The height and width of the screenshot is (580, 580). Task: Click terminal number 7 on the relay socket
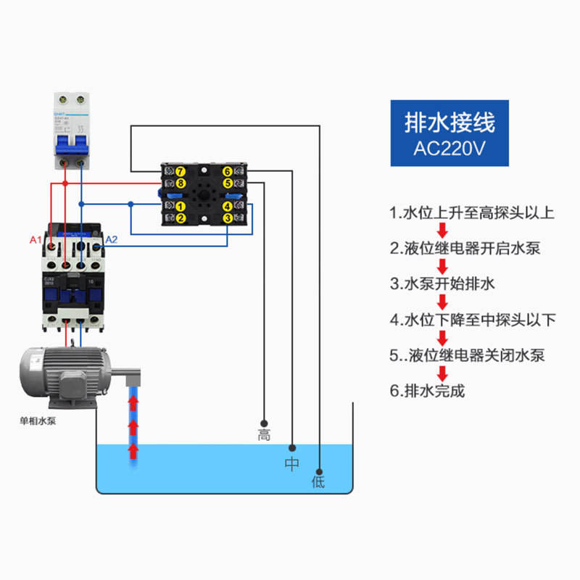tap(181, 172)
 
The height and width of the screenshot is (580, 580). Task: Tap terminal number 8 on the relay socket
tap(181, 183)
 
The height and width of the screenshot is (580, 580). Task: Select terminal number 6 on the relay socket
tap(228, 172)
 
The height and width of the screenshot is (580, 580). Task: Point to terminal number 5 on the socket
tap(228, 183)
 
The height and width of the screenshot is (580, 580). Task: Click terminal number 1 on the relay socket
tap(181, 207)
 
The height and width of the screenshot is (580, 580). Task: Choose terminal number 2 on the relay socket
tap(181, 217)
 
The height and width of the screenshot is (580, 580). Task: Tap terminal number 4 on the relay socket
tap(228, 207)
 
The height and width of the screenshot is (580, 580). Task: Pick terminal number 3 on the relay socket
tap(228, 217)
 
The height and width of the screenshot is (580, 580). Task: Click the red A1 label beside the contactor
tap(36, 239)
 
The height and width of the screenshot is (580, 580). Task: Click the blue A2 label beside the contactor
tap(112, 239)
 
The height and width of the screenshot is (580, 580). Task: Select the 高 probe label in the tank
tap(264, 435)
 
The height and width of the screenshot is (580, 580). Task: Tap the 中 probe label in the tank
tap(291, 464)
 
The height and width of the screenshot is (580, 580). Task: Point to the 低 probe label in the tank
tap(318, 481)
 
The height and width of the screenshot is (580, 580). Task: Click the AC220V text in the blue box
tap(449, 149)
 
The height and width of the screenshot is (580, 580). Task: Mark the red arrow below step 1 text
tap(442, 231)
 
